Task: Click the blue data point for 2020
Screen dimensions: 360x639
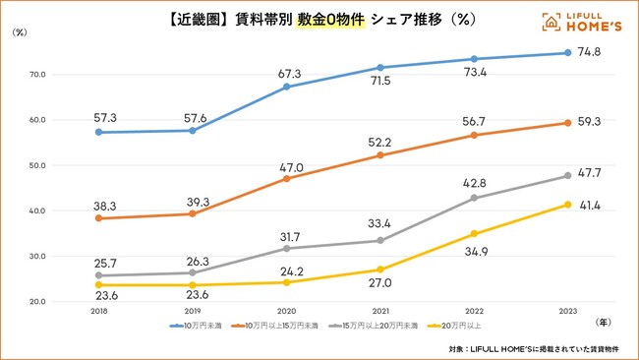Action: click(x=286, y=87)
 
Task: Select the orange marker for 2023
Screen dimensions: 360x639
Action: click(x=567, y=123)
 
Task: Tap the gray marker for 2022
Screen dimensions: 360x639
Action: click(x=474, y=198)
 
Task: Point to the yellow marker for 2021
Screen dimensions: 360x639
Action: click(x=379, y=270)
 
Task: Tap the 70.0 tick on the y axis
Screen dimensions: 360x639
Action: click(x=37, y=74)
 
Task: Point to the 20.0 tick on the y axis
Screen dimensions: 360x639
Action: click(x=37, y=302)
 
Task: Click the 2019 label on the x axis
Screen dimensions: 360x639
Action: click(x=192, y=311)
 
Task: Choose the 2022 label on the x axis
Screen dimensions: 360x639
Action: click(x=474, y=311)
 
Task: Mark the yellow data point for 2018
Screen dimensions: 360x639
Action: click(x=98, y=285)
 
